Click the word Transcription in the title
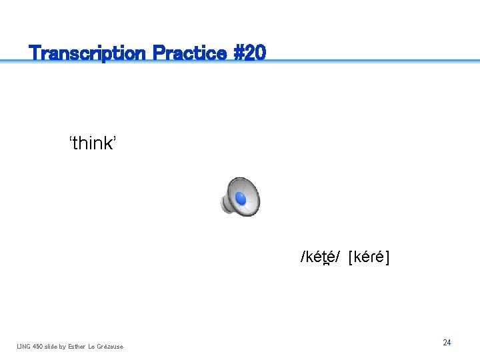point(88,53)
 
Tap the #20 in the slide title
point(250,53)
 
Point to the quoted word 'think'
point(93,143)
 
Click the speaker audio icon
point(239,197)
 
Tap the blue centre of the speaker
point(241,199)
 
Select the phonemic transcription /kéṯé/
point(321,257)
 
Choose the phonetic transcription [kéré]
point(369,257)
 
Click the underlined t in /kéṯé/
point(325,257)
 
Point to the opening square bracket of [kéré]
point(351,257)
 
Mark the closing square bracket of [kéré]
point(387,257)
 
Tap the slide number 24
point(447,343)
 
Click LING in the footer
point(24,346)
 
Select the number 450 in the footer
point(39,346)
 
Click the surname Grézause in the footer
point(110,346)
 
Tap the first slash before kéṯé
point(303,257)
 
